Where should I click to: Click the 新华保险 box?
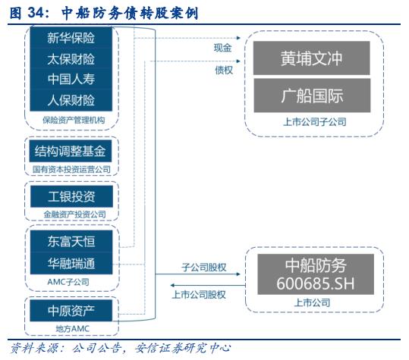pyautogui.click(x=71, y=38)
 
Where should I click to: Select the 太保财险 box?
pyautogui.click(x=71, y=58)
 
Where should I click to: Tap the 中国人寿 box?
pyautogui.click(x=71, y=79)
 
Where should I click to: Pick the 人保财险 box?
pyautogui.click(x=71, y=100)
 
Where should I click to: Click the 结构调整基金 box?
pyautogui.click(x=71, y=151)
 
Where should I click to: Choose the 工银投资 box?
pyautogui.click(x=72, y=196)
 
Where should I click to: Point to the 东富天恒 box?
pyautogui.click(x=71, y=241)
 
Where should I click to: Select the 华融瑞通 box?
pyautogui.click(x=71, y=263)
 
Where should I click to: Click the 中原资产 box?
pyautogui.click(x=71, y=311)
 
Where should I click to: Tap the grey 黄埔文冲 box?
pyautogui.click(x=312, y=58)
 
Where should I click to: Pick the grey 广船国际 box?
pyautogui.click(x=312, y=95)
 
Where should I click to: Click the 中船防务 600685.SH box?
pyautogui.click(x=316, y=274)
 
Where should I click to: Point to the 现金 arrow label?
pyautogui.click(x=223, y=48)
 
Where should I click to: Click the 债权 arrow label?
pyautogui.click(x=224, y=70)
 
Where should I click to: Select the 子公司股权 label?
pyautogui.click(x=204, y=268)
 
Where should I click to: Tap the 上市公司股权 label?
pyautogui.click(x=199, y=295)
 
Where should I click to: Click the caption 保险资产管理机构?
pyautogui.click(x=74, y=120)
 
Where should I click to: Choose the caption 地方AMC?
pyautogui.click(x=73, y=329)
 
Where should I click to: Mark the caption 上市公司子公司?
pyautogui.click(x=315, y=122)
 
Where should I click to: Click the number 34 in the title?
pyautogui.click(x=36, y=12)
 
